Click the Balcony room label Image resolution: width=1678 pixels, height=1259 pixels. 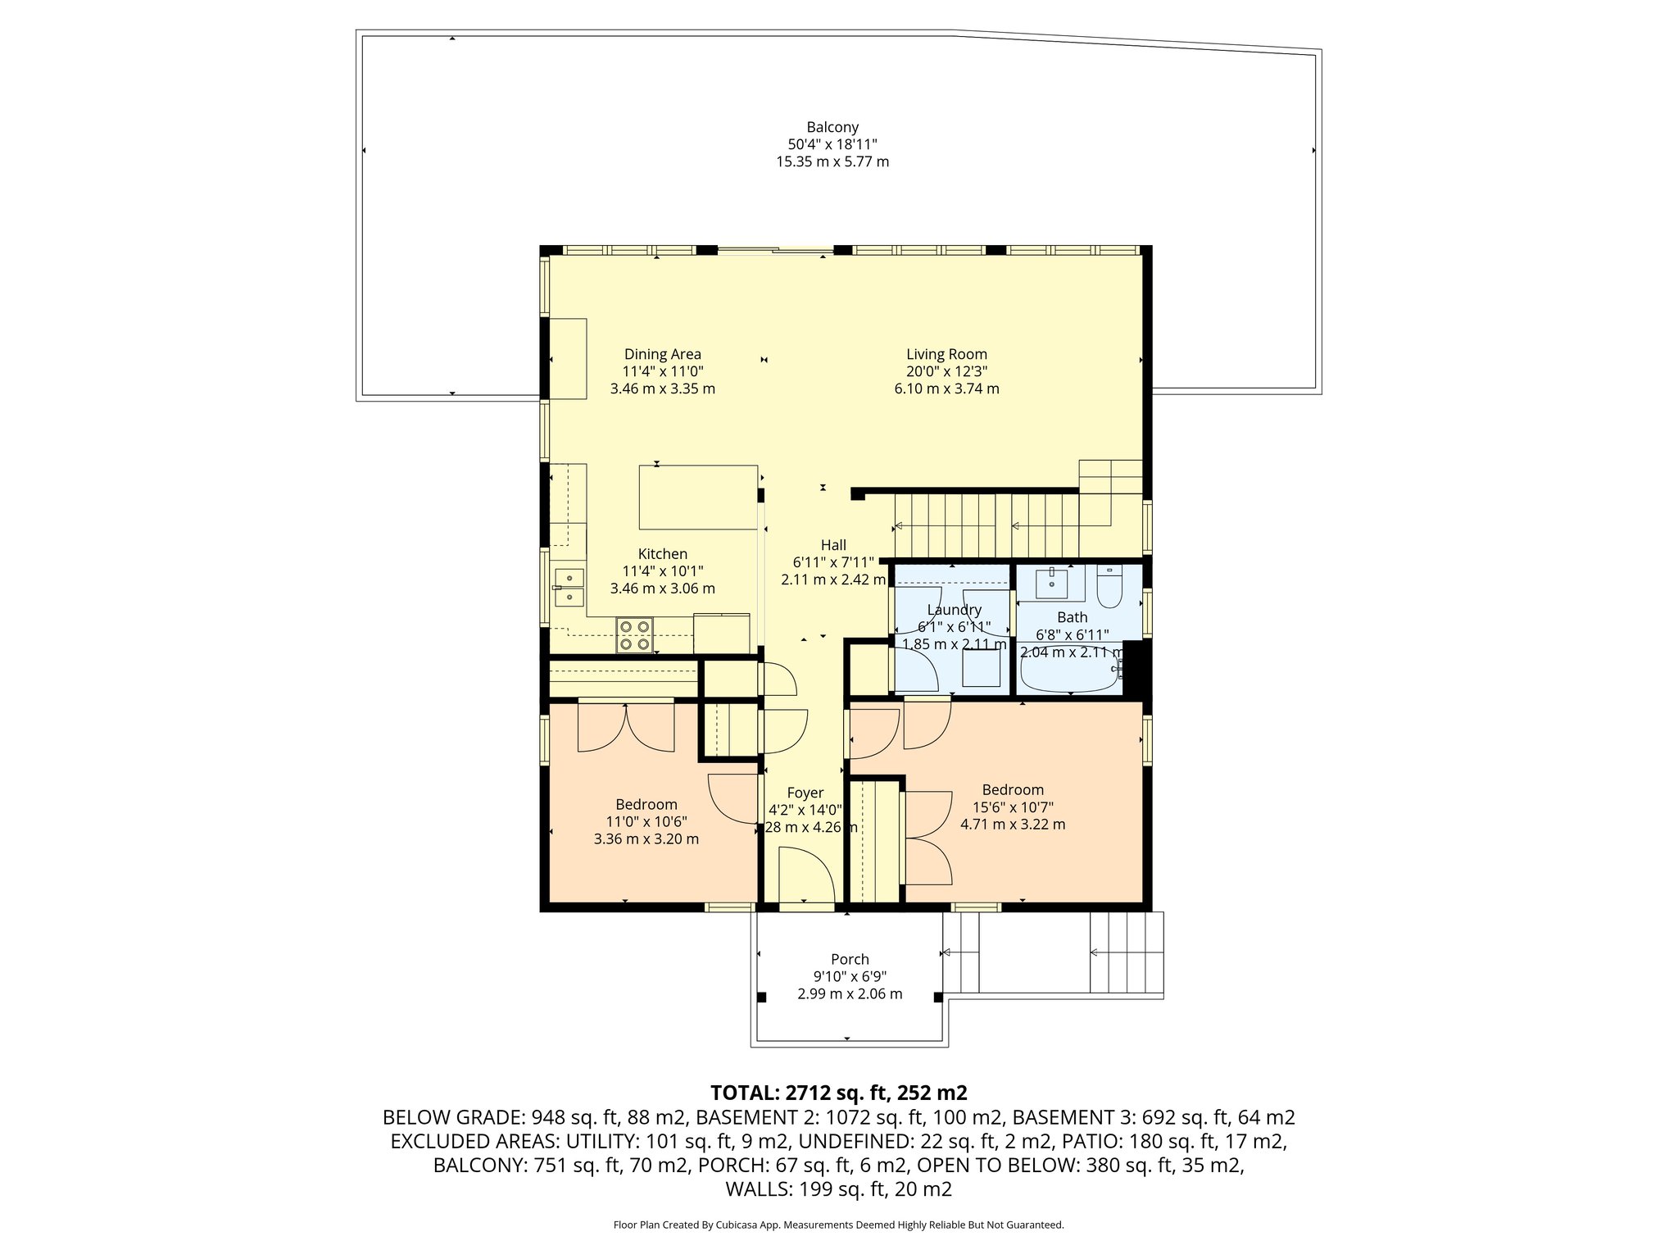coord(832,127)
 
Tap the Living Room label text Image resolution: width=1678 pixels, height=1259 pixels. coord(946,354)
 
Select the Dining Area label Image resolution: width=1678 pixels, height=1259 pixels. coord(662,354)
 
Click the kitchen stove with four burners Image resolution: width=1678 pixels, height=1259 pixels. coord(635,635)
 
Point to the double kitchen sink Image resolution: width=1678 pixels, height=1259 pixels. coord(569,587)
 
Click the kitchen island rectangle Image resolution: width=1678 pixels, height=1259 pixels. coord(698,498)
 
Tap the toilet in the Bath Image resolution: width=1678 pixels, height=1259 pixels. coord(1110,588)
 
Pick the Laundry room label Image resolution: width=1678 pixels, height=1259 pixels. coord(954,610)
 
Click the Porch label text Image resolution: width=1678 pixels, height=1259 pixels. coord(850,959)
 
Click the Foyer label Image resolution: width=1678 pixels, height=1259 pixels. coord(805,793)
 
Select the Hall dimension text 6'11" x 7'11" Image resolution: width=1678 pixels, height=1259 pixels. coord(833,562)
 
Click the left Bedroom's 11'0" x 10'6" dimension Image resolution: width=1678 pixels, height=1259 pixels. coord(646,822)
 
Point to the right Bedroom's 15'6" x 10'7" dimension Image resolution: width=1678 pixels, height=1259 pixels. coord(1013,807)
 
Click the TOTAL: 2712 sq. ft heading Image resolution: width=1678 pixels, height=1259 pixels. coord(838,1093)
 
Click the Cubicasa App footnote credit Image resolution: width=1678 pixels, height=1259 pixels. coord(838,1225)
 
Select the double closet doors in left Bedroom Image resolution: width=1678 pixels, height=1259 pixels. coord(626,727)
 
